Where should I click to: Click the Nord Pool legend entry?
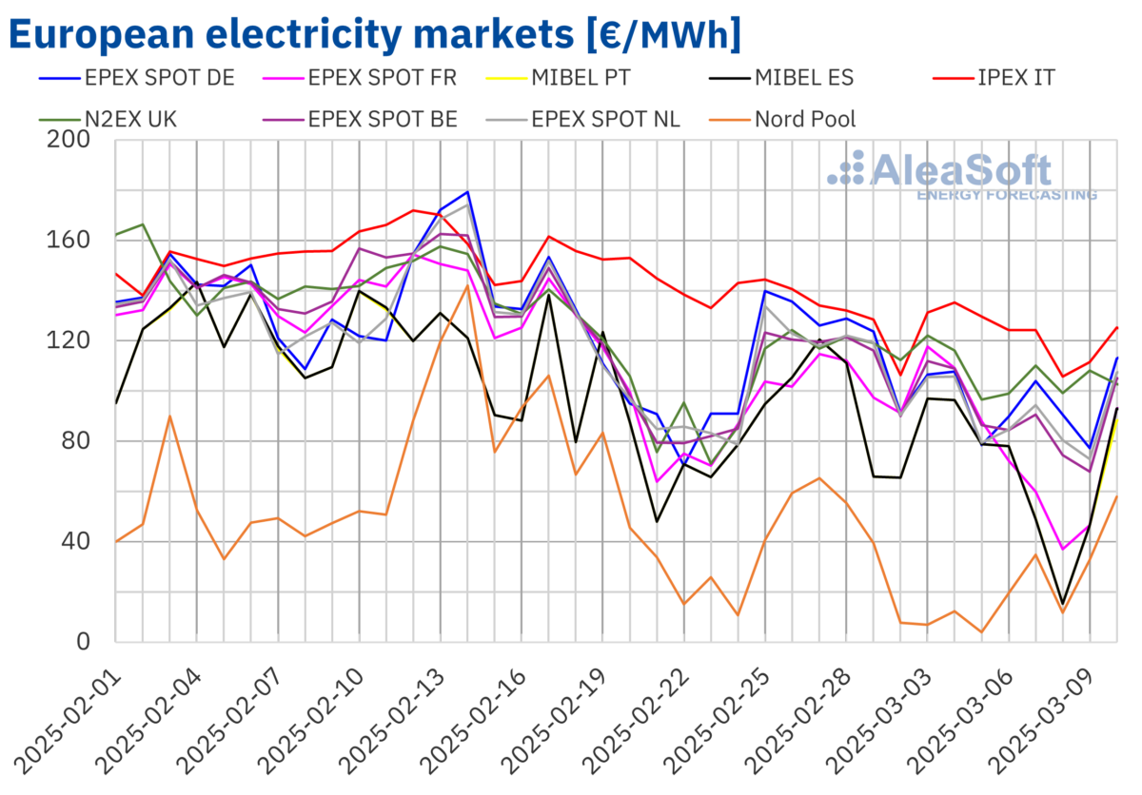[805, 119]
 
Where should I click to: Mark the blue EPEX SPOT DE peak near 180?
[467, 192]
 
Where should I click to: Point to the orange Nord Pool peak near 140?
[467, 284]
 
